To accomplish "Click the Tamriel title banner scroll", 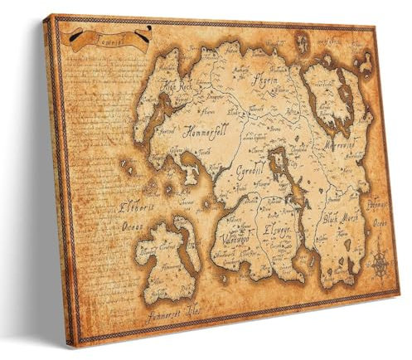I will click(x=109, y=38).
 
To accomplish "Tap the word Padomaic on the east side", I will click(x=377, y=202).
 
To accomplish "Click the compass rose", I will click(x=380, y=264).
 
